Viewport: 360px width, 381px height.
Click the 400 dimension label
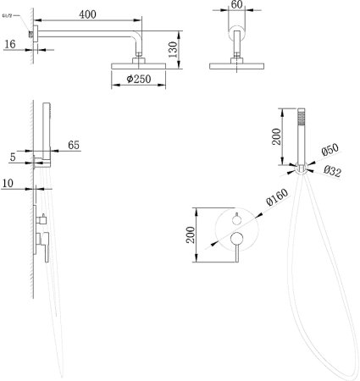click(87, 14)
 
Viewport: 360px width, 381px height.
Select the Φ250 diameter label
click(139, 79)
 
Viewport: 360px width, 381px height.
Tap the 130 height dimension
click(173, 49)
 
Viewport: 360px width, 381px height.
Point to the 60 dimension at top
click(236, 4)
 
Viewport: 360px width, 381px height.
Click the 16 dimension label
click(10, 44)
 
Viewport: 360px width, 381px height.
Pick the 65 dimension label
click(74, 145)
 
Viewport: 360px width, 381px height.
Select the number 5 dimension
click(13, 157)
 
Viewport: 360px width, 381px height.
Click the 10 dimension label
click(8, 183)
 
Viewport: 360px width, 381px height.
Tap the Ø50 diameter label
click(330, 149)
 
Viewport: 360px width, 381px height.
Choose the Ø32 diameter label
click(333, 171)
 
